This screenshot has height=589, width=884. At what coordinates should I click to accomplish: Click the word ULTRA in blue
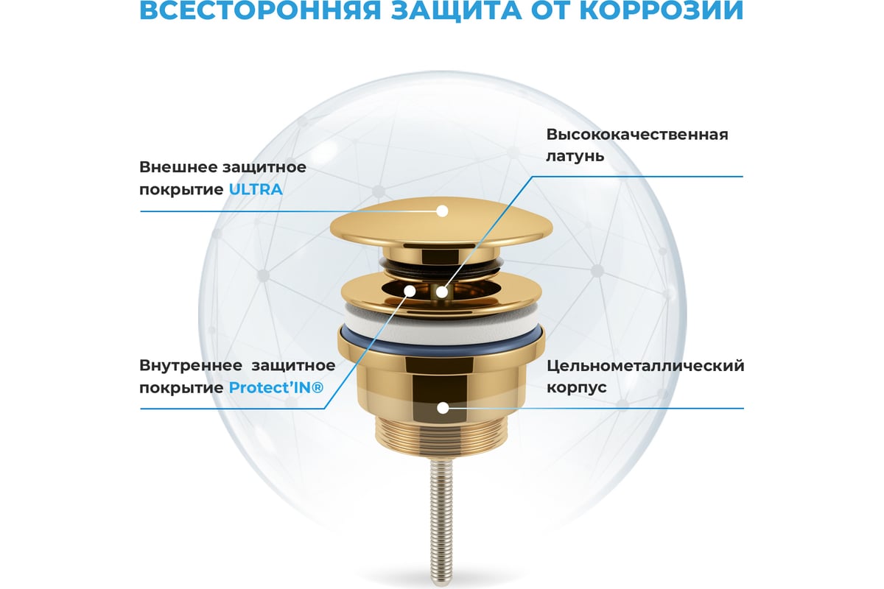tap(256, 190)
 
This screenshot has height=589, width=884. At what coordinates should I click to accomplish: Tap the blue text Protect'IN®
tap(276, 388)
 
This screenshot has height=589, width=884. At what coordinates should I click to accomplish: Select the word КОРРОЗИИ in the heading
tap(662, 10)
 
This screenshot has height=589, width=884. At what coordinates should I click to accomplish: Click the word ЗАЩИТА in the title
tap(456, 10)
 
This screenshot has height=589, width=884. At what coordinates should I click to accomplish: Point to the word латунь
tap(575, 156)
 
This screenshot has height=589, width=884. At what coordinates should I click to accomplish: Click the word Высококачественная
tap(637, 135)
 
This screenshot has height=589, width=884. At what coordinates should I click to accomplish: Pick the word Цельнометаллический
tap(645, 366)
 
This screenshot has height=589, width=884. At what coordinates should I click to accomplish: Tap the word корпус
tap(576, 388)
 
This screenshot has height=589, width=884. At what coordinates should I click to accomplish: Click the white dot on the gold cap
tap(443, 211)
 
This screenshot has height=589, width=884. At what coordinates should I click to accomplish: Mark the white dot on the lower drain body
tap(443, 408)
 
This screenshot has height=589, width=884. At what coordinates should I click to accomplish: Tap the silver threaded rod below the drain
tap(441, 522)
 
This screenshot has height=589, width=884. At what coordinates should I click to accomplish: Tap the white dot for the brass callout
tap(442, 292)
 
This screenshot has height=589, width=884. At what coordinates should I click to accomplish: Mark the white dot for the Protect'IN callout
tap(410, 291)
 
